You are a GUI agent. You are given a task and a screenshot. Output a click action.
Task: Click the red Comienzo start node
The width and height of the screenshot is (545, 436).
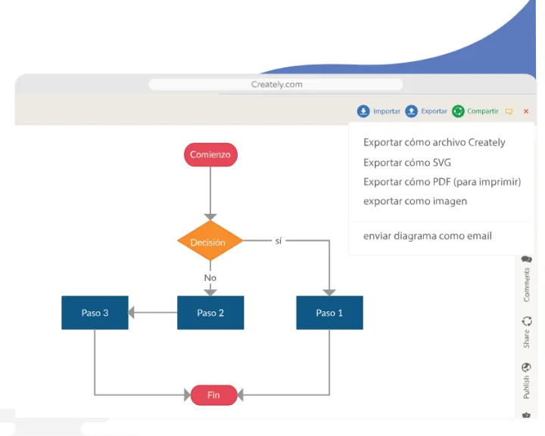pyautogui.click(x=210, y=155)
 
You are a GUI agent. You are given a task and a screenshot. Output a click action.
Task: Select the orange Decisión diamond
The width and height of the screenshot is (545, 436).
pyautogui.click(x=210, y=242)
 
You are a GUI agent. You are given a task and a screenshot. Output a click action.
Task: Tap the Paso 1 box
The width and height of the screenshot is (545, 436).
pyautogui.click(x=329, y=313)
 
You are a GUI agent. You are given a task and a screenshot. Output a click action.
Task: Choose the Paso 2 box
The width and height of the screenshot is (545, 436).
pyautogui.click(x=210, y=313)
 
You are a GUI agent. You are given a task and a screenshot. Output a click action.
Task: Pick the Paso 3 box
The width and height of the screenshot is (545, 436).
pyautogui.click(x=95, y=313)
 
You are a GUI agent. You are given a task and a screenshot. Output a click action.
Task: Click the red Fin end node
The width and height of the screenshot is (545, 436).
pyautogui.click(x=213, y=394)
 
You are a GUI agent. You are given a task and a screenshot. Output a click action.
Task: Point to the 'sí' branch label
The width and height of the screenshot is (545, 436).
pyautogui.click(x=279, y=240)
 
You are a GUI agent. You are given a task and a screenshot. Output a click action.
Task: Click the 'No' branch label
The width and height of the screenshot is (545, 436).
pyautogui.click(x=210, y=277)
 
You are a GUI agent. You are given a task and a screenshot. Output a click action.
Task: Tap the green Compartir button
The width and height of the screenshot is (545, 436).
pyautogui.click(x=475, y=111)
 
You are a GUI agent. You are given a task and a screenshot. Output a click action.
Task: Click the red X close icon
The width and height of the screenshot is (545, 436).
pyautogui.click(x=526, y=111)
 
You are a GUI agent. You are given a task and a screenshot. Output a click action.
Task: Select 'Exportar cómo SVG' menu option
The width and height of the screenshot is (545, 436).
pyautogui.click(x=407, y=162)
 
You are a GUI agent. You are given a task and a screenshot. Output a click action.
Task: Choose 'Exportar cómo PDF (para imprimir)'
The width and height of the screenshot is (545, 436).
pyautogui.click(x=442, y=182)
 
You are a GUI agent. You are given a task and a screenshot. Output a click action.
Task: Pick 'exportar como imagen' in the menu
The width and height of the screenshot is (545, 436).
pyautogui.click(x=415, y=202)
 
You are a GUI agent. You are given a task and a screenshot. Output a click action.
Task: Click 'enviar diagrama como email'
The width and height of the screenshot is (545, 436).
pyautogui.click(x=427, y=236)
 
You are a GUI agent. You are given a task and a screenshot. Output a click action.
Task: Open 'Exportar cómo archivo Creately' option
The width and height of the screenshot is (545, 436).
pyautogui.click(x=434, y=142)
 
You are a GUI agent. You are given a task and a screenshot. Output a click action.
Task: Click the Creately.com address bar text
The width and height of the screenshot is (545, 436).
pyautogui.click(x=276, y=85)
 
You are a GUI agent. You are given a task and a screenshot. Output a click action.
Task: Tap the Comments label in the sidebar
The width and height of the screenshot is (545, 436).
pyautogui.click(x=527, y=283)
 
